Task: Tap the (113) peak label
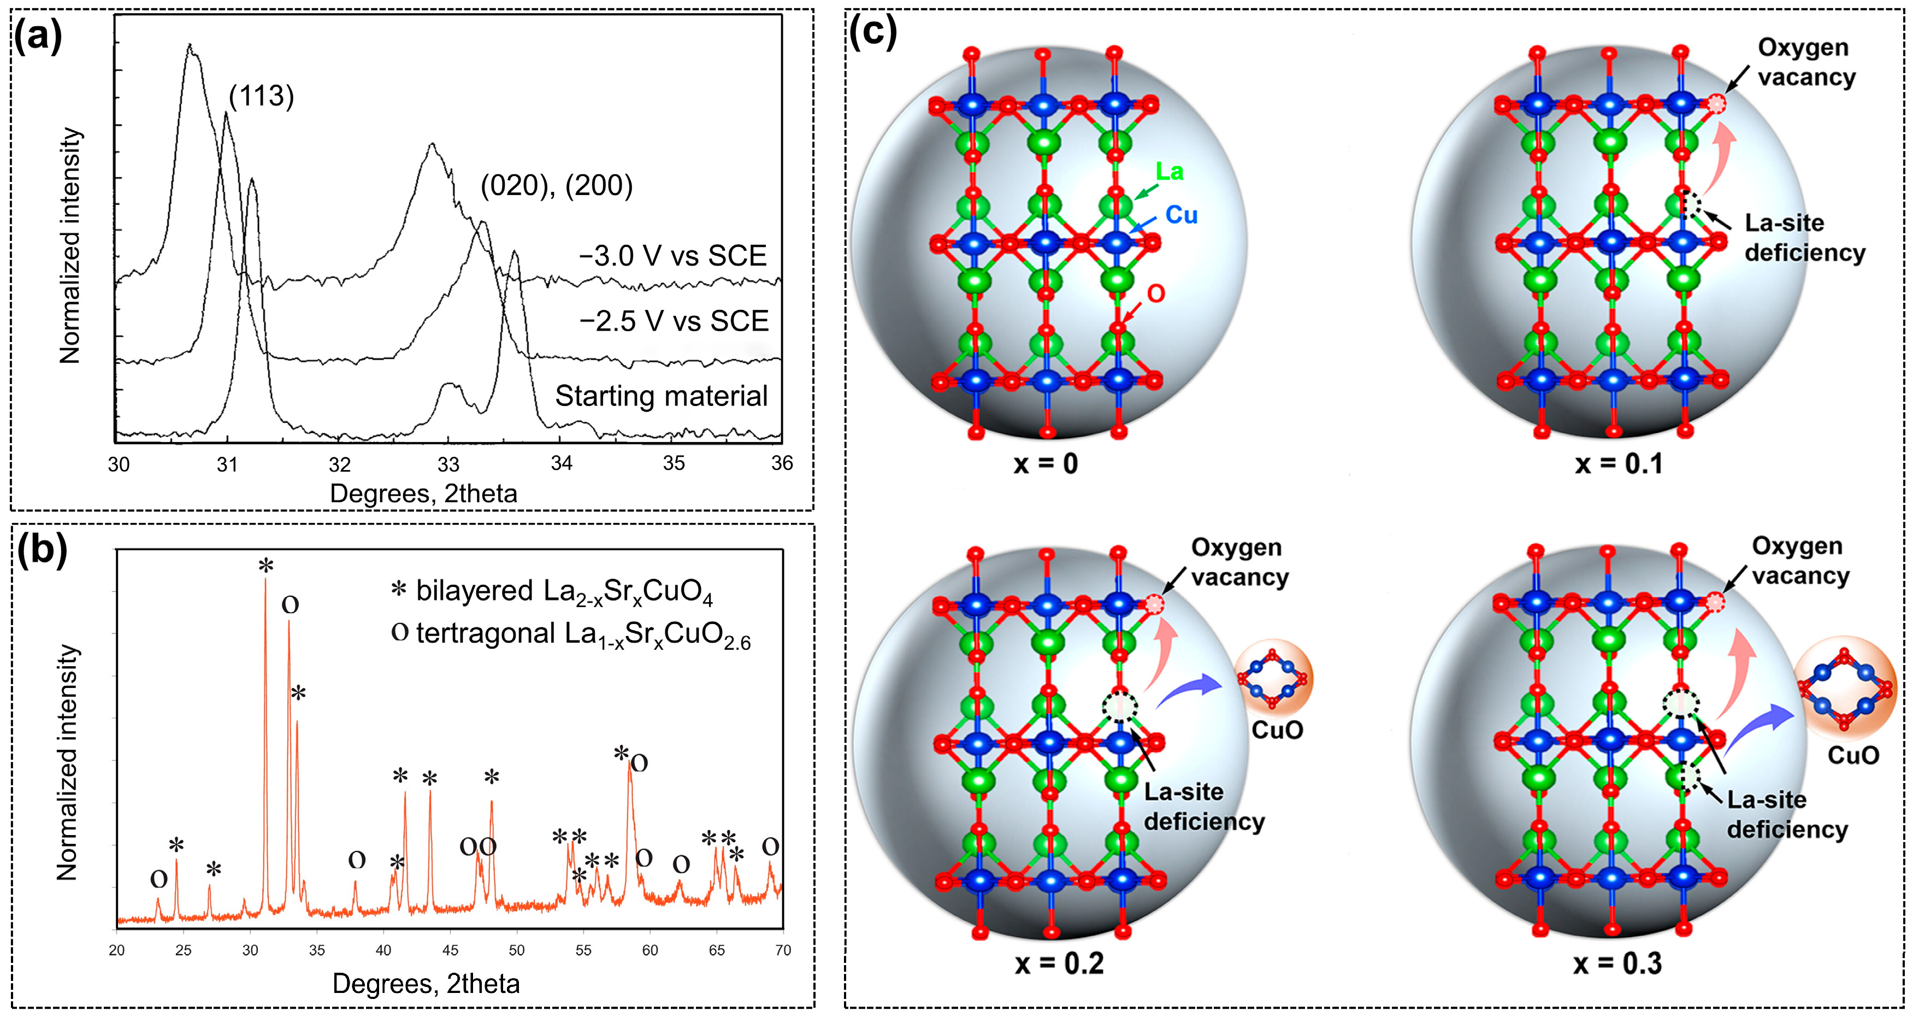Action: click(262, 96)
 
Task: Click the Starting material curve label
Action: click(661, 396)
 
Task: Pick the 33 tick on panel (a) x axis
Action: click(448, 465)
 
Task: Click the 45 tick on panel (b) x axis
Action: click(450, 950)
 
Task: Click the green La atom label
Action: click(1170, 172)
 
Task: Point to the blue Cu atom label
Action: click(1182, 215)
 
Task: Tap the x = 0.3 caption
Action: click(1617, 963)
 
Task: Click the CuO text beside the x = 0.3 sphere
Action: click(1853, 755)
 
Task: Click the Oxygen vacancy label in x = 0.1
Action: click(1805, 62)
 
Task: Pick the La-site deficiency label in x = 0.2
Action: click(1203, 807)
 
